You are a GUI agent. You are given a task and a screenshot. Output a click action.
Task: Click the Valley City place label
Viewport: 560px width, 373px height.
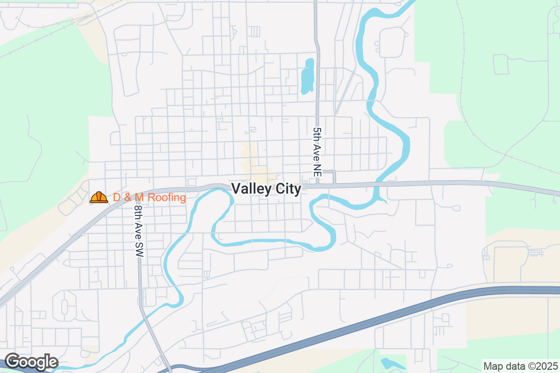tap(266, 189)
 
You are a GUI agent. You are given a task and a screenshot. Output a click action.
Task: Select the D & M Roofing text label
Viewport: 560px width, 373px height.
tap(149, 198)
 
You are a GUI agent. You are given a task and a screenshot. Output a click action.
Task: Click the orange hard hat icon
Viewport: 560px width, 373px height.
tap(99, 197)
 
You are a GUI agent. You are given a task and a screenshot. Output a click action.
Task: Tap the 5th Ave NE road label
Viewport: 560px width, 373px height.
tap(317, 152)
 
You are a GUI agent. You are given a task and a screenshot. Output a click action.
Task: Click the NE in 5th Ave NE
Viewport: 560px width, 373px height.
tap(317, 170)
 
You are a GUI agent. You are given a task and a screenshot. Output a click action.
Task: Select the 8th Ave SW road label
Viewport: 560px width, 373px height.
tap(139, 231)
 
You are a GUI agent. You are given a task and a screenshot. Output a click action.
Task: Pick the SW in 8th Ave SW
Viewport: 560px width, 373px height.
tap(139, 250)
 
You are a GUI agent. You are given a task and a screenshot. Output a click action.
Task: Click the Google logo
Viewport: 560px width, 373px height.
tap(31, 362)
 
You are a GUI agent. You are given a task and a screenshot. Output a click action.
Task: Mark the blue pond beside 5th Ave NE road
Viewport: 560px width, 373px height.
tap(308, 76)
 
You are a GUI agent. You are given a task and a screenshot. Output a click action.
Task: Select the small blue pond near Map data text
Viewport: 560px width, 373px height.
tap(388, 363)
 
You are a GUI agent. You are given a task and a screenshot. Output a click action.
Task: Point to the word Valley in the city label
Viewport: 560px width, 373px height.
tap(249, 189)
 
